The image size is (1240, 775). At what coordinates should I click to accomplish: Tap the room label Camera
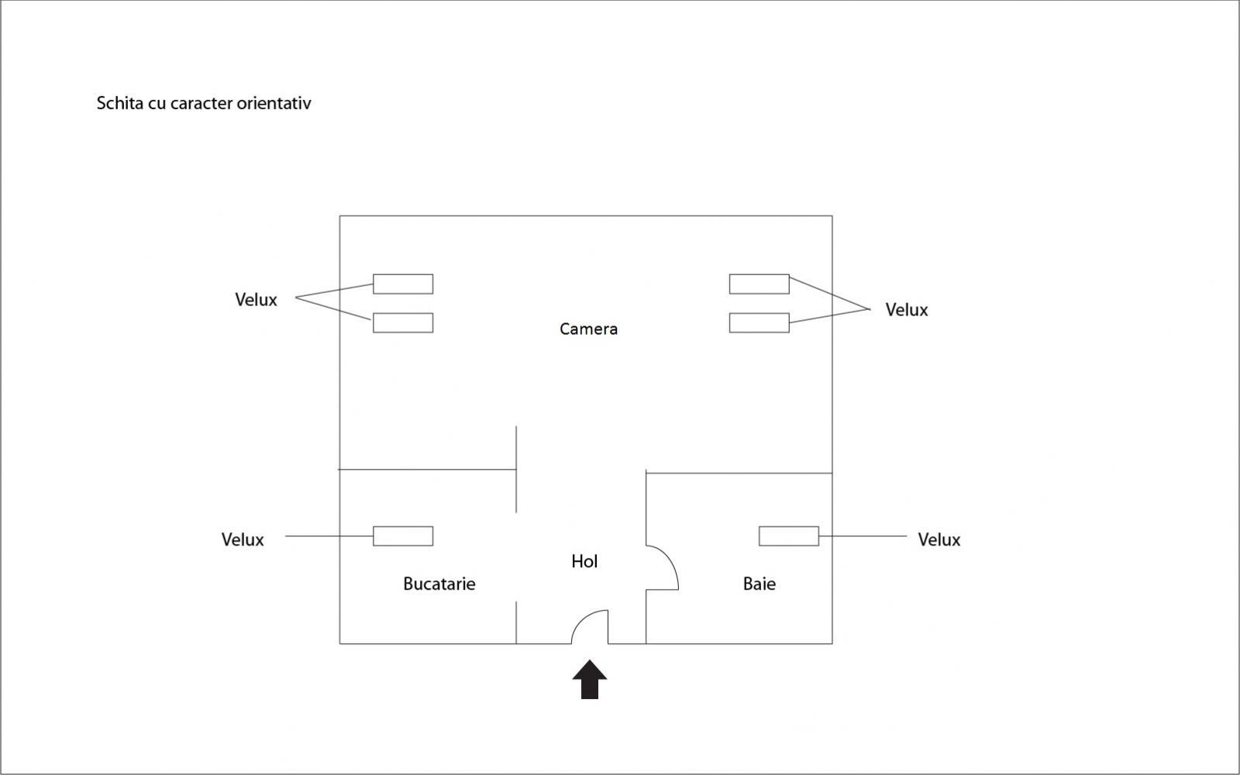click(588, 329)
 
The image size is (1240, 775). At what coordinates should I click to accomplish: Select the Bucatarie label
click(439, 584)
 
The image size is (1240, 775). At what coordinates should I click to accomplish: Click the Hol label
click(584, 561)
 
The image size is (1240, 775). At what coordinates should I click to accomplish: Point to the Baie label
click(759, 584)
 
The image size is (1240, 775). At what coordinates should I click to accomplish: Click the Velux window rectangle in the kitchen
click(403, 536)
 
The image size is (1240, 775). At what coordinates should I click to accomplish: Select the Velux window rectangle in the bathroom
click(788, 536)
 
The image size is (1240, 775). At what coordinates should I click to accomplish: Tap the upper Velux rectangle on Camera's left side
click(403, 284)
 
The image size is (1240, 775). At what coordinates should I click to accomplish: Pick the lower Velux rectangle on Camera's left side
click(403, 322)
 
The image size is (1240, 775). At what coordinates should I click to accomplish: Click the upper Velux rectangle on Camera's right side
click(759, 284)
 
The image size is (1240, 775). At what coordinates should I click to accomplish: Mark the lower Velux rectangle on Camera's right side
click(759, 322)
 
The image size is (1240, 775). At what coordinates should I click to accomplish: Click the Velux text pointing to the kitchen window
click(243, 539)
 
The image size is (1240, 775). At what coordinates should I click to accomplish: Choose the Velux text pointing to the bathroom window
click(939, 539)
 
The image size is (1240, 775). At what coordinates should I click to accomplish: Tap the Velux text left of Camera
click(256, 300)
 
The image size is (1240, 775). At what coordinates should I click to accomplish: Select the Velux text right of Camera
click(906, 310)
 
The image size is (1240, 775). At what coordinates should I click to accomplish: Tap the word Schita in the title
click(119, 103)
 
